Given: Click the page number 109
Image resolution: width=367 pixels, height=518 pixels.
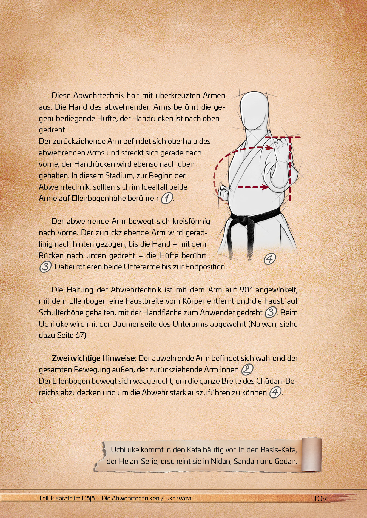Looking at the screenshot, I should tap(320, 498).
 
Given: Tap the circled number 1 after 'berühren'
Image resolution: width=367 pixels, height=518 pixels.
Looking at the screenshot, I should tap(167, 198).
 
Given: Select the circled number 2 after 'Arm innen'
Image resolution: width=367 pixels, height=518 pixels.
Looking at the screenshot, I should tap(247, 369).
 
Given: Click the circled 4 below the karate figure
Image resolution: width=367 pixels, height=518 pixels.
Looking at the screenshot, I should tap(270, 258).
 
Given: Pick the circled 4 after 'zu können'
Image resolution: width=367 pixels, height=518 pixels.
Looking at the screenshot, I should tap(275, 392).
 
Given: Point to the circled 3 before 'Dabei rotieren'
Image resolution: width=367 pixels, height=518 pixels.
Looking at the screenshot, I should tap(45, 267).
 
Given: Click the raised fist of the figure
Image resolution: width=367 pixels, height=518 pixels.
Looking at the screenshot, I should tap(281, 147).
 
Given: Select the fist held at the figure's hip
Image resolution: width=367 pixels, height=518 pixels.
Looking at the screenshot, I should tap(224, 192).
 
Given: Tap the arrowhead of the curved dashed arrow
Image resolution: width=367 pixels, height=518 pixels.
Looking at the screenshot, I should tap(270, 147).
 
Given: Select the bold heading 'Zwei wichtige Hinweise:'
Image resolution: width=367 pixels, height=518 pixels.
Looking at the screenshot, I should tap(94, 358).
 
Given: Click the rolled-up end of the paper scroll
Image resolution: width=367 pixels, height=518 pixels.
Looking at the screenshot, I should tap(311, 455).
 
